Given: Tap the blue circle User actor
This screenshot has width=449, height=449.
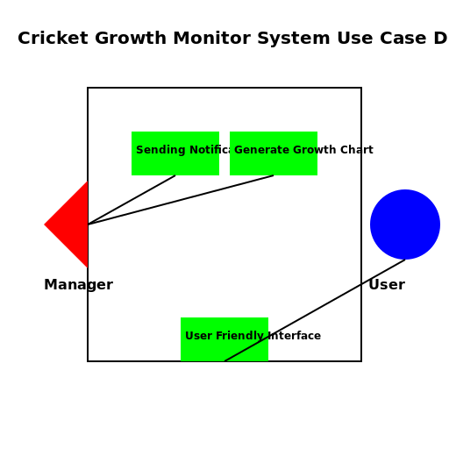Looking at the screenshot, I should coord(405,224).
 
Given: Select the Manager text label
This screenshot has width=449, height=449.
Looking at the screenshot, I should coord(78,285).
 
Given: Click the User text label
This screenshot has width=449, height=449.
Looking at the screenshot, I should coord(387,285).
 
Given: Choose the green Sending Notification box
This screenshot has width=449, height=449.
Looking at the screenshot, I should coord(175,163).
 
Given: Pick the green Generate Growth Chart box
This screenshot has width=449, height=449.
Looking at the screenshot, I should coord(274,163).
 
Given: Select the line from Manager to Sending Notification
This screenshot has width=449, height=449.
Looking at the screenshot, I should coord(132,200).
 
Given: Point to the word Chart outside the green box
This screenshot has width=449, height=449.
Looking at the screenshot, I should coord(357,150).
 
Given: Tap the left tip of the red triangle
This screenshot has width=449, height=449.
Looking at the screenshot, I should coord(46,224).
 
